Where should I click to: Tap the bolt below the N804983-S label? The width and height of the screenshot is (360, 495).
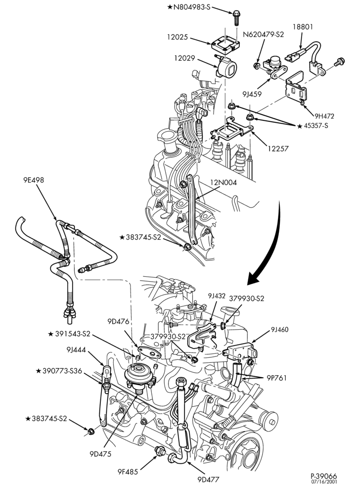click(x=236, y=18)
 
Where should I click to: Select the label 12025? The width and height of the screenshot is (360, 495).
click(x=178, y=37)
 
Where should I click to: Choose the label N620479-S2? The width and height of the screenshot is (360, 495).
click(x=263, y=35)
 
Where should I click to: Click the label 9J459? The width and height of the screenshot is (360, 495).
click(x=252, y=94)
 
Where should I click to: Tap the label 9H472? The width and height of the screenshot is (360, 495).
click(x=324, y=116)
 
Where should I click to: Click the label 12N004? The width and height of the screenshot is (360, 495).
click(x=224, y=183)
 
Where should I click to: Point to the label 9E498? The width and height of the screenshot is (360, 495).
click(x=34, y=180)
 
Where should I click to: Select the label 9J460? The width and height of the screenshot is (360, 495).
click(x=279, y=330)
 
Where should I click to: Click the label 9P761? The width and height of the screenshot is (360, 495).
click(x=276, y=378)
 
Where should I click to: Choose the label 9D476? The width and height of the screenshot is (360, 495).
click(x=118, y=322)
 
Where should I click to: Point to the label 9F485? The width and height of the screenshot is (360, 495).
click(x=128, y=472)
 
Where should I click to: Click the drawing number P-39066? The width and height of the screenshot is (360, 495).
click(x=323, y=476)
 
